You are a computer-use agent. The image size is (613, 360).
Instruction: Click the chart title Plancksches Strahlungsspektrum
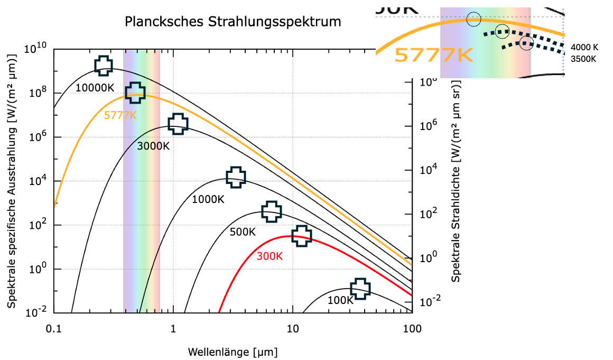[x=233, y=22]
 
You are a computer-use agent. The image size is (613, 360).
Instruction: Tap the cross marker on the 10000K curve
[x=104, y=65]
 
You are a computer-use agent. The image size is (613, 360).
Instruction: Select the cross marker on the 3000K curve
[x=178, y=123]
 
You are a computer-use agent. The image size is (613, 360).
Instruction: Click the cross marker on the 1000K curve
[x=236, y=177]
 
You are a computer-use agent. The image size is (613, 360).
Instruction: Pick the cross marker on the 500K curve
[x=271, y=211]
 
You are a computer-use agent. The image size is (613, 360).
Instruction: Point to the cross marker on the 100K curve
[x=360, y=288]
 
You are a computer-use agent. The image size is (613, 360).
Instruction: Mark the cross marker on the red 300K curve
[x=302, y=236]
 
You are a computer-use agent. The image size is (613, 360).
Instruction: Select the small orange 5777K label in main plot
[x=120, y=115]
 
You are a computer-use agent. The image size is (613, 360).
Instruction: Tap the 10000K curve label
[x=95, y=87]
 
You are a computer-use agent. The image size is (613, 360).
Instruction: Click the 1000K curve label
[x=208, y=199]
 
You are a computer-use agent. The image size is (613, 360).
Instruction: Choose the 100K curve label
[x=340, y=300]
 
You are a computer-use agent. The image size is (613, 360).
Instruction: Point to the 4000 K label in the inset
[x=584, y=47]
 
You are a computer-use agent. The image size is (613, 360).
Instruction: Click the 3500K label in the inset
[x=583, y=59]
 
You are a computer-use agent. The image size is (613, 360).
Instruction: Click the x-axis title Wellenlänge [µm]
[x=233, y=352]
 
